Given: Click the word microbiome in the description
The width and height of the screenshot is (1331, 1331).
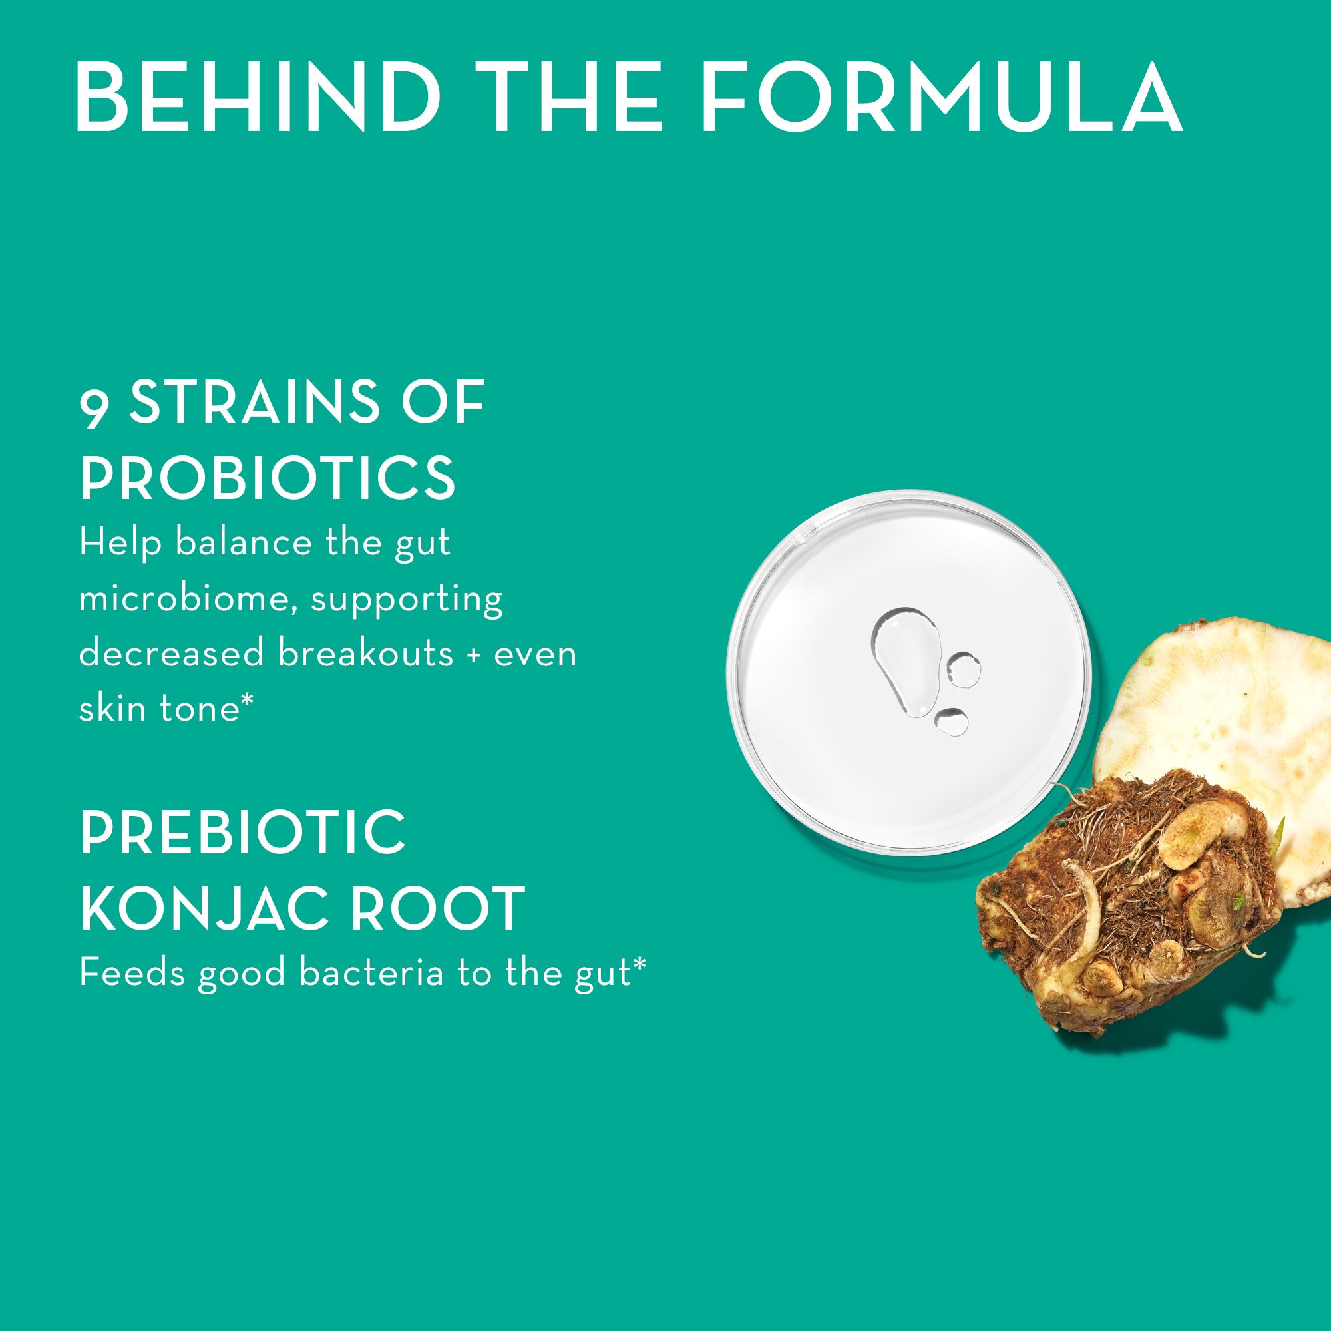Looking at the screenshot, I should (189, 599).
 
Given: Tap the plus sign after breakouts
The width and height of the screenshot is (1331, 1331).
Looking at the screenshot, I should (472, 654).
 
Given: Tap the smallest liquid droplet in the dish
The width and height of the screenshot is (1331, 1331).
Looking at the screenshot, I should (952, 721).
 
